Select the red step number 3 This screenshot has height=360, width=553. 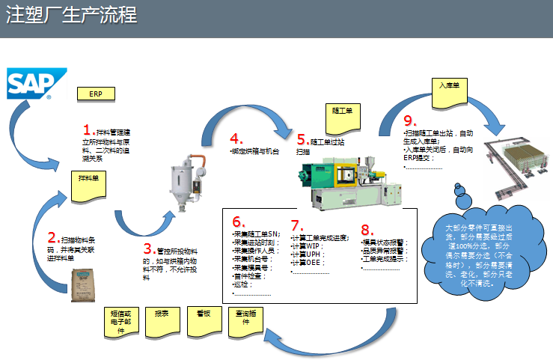pos(148,248)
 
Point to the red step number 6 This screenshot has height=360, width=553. pos(239,222)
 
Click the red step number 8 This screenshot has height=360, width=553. pos(367,230)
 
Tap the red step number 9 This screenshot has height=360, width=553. pos(409,121)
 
